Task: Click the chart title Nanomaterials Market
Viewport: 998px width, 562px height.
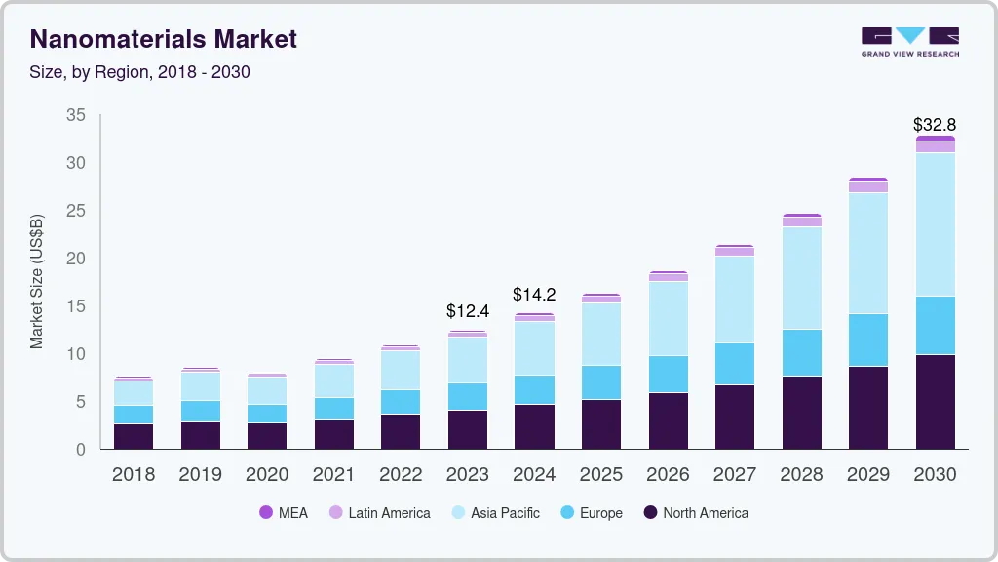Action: (x=164, y=40)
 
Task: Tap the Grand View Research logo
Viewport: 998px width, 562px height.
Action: (x=909, y=41)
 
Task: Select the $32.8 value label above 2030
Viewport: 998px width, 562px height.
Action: (x=935, y=125)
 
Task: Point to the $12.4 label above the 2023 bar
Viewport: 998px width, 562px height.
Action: (x=468, y=311)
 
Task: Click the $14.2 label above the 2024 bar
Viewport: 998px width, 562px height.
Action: (x=535, y=294)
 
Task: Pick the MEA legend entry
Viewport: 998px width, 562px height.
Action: (x=284, y=512)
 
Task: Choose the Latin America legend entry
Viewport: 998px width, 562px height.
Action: (x=379, y=512)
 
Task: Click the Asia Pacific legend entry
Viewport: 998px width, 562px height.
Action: (x=494, y=512)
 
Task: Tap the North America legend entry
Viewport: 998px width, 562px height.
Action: (x=695, y=512)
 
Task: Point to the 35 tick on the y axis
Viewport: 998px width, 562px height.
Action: (x=76, y=115)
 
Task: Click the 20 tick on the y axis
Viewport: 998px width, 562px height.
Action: (x=76, y=259)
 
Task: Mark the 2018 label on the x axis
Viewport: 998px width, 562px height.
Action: (x=133, y=475)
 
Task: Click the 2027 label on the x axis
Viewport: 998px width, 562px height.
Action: (x=734, y=475)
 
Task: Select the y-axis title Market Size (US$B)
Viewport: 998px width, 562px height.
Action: (x=37, y=281)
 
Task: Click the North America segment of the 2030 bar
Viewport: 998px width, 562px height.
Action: (x=935, y=401)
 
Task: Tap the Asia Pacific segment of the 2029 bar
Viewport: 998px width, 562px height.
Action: (x=867, y=253)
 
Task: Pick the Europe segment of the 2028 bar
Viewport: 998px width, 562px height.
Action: (x=801, y=352)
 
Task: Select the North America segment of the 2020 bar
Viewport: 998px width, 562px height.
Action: (x=266, y=435)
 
